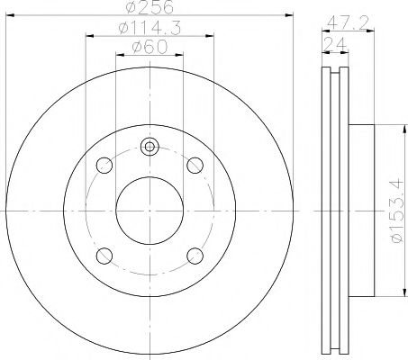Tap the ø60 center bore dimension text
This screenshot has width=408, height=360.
point(150,49)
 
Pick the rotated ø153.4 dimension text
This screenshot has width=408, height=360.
point(386,213)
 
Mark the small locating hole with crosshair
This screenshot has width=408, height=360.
point(150,148)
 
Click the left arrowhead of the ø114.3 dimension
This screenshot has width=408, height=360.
point(89,37)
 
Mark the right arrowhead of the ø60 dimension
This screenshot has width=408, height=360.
point(183,56)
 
